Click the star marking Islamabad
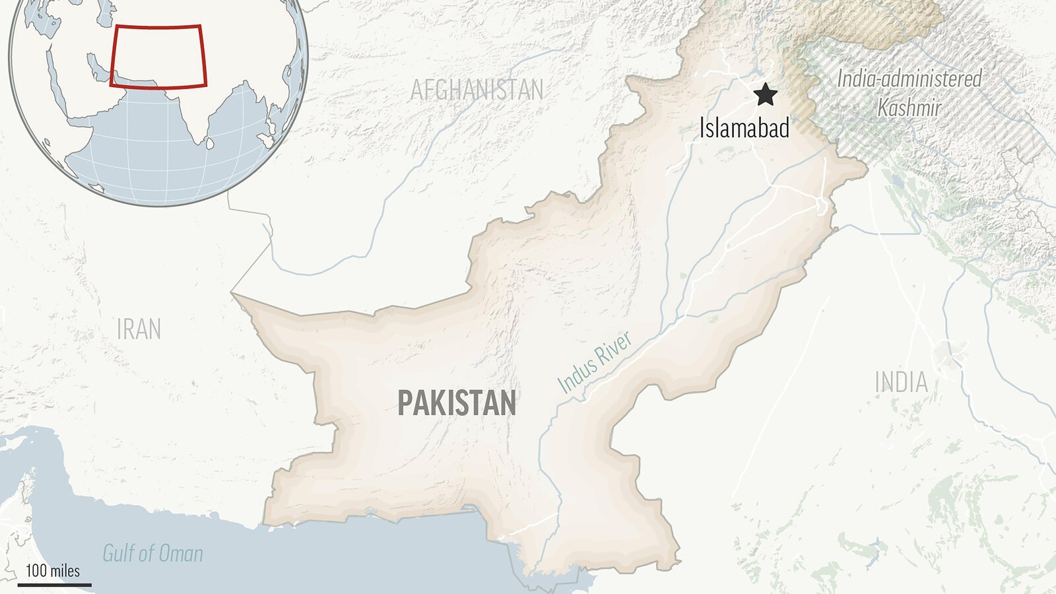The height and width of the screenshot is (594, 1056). pos(765,94)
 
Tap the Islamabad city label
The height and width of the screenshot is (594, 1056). pos(744,127)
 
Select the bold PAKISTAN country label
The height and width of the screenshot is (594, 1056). pos(456,403)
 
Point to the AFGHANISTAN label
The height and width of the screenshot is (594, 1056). pos(477,90)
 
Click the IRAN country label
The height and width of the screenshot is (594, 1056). pos(139,329)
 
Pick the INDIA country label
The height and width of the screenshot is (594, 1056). pos(901,383)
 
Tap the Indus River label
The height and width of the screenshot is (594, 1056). pos(595,362)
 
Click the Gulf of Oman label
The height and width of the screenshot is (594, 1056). pos(152,553)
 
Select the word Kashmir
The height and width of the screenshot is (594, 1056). pos(909,107)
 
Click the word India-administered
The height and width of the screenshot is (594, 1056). pos(909,79)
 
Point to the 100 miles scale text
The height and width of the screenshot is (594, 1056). pos(53,571)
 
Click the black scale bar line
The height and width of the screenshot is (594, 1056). pos(54,584)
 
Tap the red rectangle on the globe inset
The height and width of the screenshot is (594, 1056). pos(158,27)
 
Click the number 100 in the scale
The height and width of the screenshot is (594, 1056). pos(36,571)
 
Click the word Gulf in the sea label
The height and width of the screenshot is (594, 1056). pos(119,553)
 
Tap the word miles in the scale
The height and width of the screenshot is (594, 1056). pos(65,571)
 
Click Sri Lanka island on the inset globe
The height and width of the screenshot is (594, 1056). pos(209,143)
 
